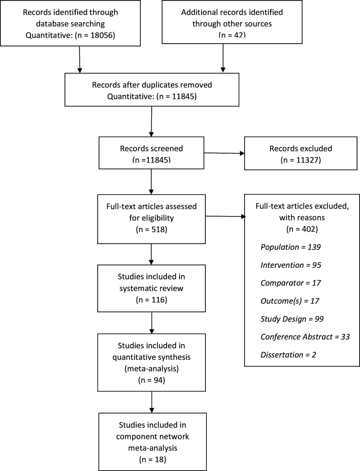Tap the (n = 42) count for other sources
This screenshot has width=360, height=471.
(232, 34)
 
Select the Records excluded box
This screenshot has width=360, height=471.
(301, 153)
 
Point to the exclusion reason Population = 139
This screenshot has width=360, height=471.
(291, 247)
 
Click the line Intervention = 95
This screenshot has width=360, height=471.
(291, 265)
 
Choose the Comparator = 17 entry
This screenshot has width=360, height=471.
(291, 283)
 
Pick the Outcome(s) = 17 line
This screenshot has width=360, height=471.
(290, 301)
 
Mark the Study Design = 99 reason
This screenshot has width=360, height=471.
(292, 319)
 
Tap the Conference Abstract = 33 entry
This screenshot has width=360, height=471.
(305, 337)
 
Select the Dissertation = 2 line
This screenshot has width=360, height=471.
(288, 355)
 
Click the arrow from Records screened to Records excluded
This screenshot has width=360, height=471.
(224, 153)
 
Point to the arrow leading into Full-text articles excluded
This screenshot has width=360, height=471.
(225, 216)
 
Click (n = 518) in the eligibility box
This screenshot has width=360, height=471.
(151, 230)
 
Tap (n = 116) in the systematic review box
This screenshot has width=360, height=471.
(151, 300)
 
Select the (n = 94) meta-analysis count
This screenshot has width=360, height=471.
(151, 380)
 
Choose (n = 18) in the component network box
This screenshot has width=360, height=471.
(152, 460)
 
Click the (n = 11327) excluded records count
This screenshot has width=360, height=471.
(301, 160)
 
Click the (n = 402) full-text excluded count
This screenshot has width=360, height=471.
(302, 229)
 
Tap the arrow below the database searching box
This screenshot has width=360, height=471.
(79, 59)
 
